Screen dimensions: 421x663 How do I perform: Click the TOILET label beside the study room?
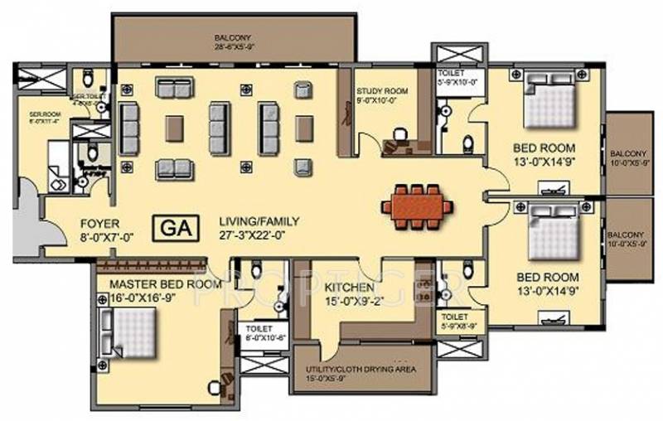tap(452, 73)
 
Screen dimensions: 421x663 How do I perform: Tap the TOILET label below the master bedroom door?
tap(255, 328)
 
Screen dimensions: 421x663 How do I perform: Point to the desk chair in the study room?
tap(401, 132)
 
